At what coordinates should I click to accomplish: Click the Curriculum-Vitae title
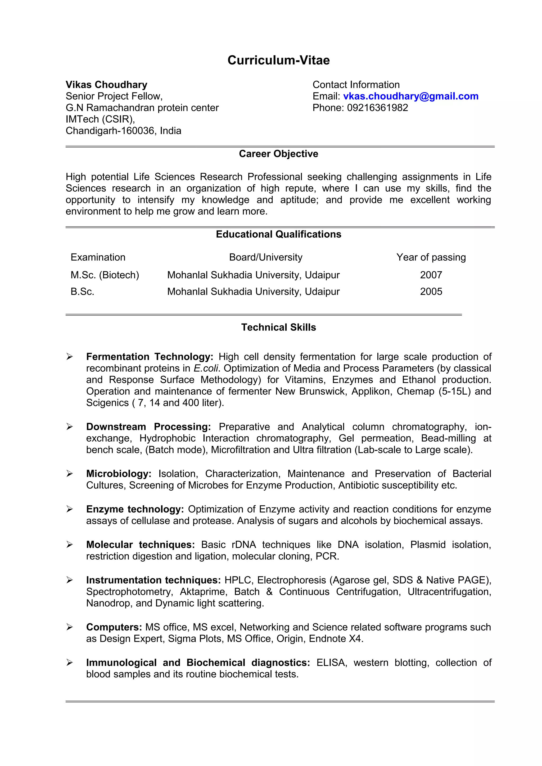pos(278,60)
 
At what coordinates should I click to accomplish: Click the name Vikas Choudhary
pos(106,85)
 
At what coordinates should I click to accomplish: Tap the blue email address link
pos(410,96)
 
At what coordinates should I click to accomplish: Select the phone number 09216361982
pos(377,108)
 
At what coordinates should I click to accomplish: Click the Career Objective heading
pos(278,154)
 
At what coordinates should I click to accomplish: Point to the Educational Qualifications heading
pos(278,234)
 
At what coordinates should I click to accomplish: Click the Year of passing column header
pos(431,257)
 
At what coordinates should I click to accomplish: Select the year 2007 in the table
pos(431,275)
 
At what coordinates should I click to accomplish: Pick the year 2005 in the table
pos(431,292)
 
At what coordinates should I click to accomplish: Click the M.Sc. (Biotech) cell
pos(105,275)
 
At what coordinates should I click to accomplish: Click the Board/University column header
pos(265,257)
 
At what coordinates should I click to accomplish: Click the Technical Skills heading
pos(278,327)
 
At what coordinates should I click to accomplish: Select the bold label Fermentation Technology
pos(150,357)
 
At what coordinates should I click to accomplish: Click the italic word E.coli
pos(206,368)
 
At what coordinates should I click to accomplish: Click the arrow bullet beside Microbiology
pos(69,474)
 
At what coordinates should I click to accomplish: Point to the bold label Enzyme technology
pos(135,509)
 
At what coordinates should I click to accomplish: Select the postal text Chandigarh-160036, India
pos(123,131)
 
